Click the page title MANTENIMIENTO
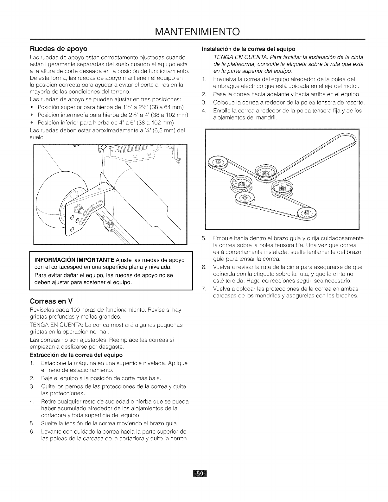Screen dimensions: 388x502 pyautogui.click(x=197, y=32)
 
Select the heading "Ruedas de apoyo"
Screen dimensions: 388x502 pyautogui.click(x=59, y=49)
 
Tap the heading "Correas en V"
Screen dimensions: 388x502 pyautogui.click(x=51, y=302)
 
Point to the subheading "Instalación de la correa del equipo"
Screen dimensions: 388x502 pyautogui.click(x=249, y=49)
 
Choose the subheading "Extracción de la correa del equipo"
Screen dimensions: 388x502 pyautogui.click(x=76, y=355)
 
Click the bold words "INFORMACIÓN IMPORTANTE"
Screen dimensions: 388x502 pyautogui.click(x=74, y=260)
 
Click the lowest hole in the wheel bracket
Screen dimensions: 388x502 pyautogui.click(x=72, y=229)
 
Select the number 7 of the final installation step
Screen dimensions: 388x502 pyautogui.click(x=203, y=289)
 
